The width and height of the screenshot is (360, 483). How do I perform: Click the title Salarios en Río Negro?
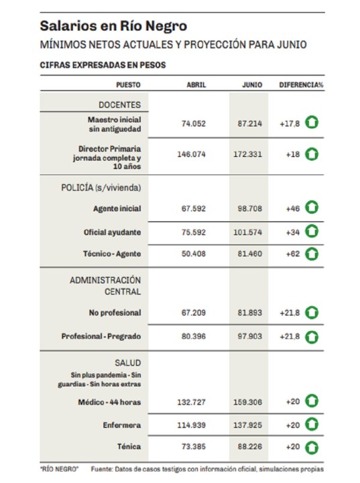point(113,26)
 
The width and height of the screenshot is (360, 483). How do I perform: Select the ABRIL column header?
point(196,85)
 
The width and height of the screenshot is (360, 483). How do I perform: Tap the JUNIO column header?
point(252,85)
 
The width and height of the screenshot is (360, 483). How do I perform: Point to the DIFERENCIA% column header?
point(301,85)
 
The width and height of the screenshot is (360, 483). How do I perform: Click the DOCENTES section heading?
point(119,105)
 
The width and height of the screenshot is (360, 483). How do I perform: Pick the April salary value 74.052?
point(193,123)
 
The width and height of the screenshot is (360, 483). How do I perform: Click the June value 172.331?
point(247,154)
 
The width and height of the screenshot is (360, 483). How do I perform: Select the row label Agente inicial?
point(117,209)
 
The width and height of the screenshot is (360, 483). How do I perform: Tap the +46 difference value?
point(292,209)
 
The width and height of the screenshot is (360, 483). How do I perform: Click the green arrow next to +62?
point(312,254)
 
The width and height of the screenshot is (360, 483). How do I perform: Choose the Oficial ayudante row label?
point(112,232)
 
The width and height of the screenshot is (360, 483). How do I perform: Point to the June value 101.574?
point(247,232)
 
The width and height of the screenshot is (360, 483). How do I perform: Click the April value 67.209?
point(193,313)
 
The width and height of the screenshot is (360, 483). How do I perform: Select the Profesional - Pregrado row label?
point(101,336)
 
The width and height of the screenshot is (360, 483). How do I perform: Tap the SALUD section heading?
point(128,363)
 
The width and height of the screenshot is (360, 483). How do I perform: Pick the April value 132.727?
point(191,402)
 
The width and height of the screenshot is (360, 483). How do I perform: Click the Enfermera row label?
point(122,425)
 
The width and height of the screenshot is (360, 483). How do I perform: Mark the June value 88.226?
point(250,446)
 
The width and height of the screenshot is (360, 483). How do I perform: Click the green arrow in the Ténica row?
point(312,447)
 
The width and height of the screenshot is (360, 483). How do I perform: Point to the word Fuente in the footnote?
point(102,469)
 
